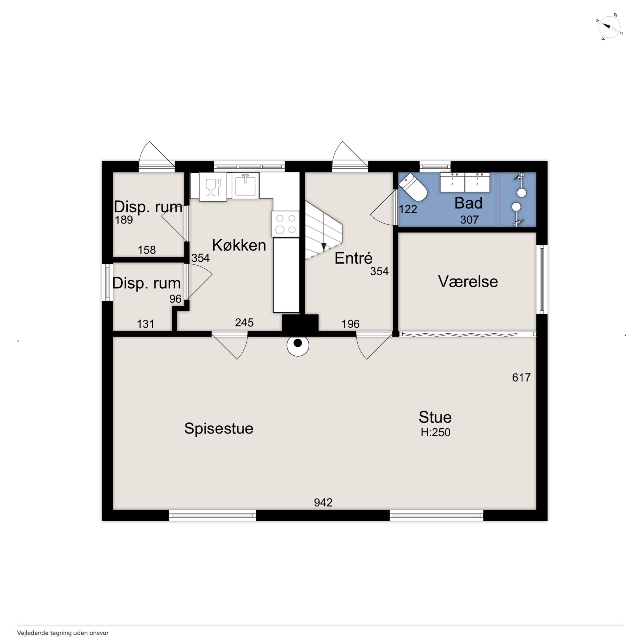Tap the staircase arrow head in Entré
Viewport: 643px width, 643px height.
323,247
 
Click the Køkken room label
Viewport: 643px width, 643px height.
239,245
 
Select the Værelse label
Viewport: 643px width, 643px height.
468,282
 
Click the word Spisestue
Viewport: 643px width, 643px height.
219,428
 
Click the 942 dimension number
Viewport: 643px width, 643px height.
323,503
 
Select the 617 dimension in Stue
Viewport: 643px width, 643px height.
521,377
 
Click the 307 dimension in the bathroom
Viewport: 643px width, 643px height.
469,220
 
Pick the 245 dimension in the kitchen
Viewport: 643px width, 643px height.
244,322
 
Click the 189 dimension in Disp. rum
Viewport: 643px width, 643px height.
124,220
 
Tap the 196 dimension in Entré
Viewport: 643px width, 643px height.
350,324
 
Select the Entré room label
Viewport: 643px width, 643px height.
353,258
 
